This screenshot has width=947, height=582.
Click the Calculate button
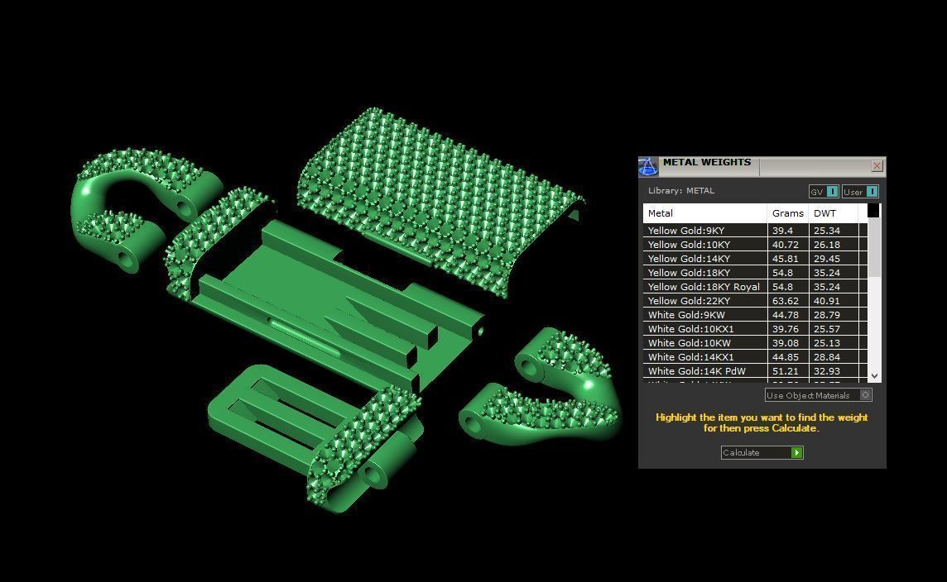(x=762, y=453)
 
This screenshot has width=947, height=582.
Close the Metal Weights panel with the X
(x=877, y=166)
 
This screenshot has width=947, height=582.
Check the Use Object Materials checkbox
(x=866, y=395)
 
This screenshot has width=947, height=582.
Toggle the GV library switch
(x=832, y=192)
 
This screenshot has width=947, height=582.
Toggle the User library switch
(x=871, y=192)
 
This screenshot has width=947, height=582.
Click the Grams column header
(x=787, y=213)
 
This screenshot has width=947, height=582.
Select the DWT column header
(x=825, y=213)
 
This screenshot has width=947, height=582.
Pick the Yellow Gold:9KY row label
(x=685, y=231)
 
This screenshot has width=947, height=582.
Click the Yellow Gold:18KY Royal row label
(x=703, y=287)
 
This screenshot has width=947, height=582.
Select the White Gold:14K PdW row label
(x=696, y=371)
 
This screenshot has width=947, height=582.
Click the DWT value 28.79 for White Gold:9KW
(x=826, y=315)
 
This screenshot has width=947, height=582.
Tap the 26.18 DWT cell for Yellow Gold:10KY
(x=826, y=245)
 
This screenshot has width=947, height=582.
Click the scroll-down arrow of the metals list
(x=874, y=376)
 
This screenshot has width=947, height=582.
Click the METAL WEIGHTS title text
(x=706, y=163)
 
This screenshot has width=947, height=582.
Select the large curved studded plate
(x=439, y=190)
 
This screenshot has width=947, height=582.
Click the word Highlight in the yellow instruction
(x=676, y=417)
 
